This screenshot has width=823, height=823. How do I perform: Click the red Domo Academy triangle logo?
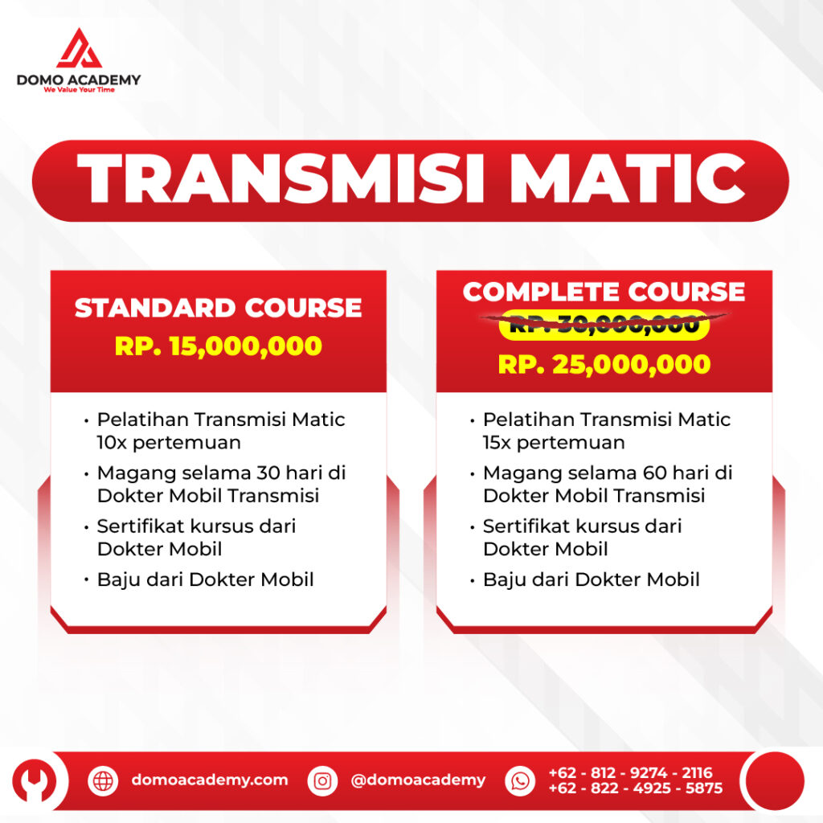[80, 48]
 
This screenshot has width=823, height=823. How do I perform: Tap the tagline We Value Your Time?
[80, 90]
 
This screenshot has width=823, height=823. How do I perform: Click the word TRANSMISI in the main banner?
[280, 178]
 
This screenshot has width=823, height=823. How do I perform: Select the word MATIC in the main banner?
[628, 178]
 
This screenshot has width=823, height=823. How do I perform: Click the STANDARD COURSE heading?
[219, 308]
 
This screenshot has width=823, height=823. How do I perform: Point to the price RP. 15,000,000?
[219, 346]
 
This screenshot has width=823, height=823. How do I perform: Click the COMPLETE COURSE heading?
[604, 292]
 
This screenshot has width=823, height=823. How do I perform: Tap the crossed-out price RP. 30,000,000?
[604, 325]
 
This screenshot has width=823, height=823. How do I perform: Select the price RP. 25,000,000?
[604, 364]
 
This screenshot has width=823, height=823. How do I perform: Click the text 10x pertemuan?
[169, 443]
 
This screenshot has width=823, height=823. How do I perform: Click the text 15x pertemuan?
[555, 443]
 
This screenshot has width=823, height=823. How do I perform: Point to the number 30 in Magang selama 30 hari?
[268, 473]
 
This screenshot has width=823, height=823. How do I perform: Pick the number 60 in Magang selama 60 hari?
[654, 473]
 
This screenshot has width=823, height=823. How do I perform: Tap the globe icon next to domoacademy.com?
[103, 781]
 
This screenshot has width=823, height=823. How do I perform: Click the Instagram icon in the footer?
[322, 781]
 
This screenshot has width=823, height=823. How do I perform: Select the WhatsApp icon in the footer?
[520, 781]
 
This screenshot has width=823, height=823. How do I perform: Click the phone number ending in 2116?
[630, 772]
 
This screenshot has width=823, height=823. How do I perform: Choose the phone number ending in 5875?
[636, 788]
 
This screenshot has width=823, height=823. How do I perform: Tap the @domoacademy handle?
[418, 780]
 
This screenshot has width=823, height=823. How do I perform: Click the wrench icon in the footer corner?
[35, 781]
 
